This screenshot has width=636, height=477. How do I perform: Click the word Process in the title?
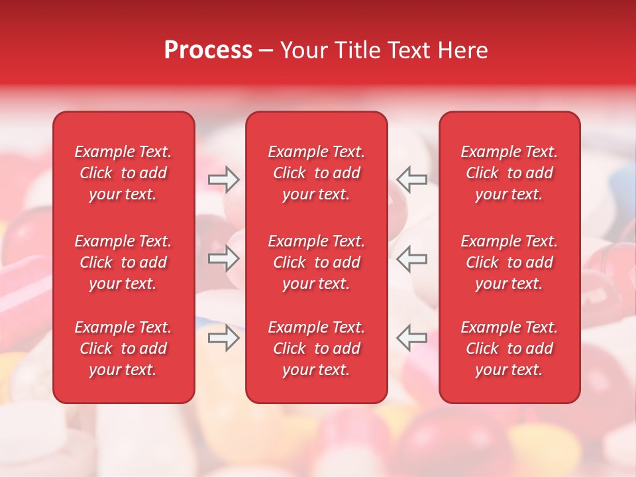pyautogui.click(x=208, y=50)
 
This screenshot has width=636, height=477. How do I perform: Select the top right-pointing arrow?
pyautogui.click(x=223, y=180)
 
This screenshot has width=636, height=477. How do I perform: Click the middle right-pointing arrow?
pyautogui.click(x=223, y=258)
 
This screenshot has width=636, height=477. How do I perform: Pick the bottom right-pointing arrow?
pyautogui.click(x=223, y=338)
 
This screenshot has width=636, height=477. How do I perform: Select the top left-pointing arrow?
pyautogui.click(x=411, y=180)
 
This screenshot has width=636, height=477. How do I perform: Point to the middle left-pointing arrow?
pyautogui.click(x=411, y=258)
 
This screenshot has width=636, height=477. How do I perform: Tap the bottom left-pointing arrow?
pyautogui.click(x=411, y=338)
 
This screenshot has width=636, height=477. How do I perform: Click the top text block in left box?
pyautogui.click(x=123, y=173)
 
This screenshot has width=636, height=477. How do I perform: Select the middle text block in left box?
pyautogui.click(x=123, y=262)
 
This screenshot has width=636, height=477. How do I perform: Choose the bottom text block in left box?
pyautogui.click(x=123, y=348)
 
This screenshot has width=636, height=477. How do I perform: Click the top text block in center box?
pyautogui.click(x=316, y=173)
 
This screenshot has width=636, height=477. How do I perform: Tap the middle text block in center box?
pyautogui.click(x=316, y=262)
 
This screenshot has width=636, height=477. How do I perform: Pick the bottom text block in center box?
pyautogui.click(x=316, y=348)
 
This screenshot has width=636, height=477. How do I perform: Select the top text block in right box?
pyautogui.click(x=509, y=173)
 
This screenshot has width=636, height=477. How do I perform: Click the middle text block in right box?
pyautogui.click(x=509, y=262)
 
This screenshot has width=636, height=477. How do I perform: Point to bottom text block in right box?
pyautogui.click(x=509, y=348)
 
